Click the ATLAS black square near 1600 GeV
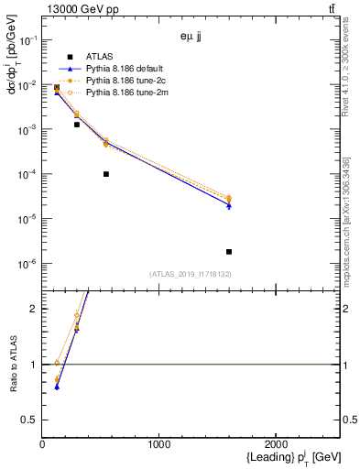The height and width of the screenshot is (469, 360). (x=229, y=251)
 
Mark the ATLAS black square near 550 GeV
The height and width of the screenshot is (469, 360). (x=106, y=174)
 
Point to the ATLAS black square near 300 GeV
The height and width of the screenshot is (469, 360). (x=77, y=125)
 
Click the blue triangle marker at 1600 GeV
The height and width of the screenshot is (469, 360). (x=229, y=206)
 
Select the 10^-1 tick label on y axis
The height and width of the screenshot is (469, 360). (x=27, y=41)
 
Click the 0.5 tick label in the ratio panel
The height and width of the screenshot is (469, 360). (x=30, y=420)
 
